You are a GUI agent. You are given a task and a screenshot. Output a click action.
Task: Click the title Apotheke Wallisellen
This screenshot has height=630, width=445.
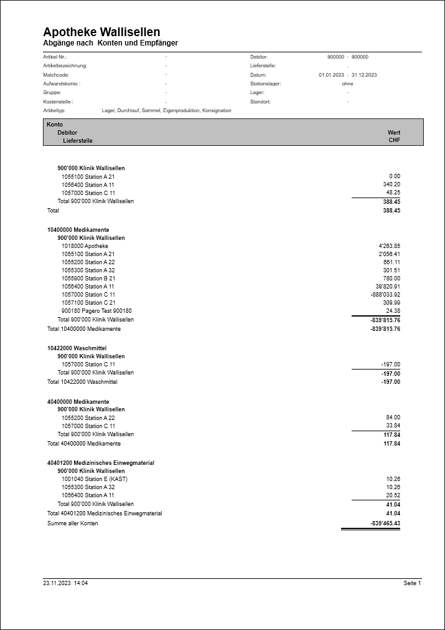(101, 32)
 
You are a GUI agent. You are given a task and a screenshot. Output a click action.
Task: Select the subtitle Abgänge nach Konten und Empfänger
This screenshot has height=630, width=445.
(111, 43)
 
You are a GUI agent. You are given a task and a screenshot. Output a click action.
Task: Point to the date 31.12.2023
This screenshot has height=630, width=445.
(364, 75)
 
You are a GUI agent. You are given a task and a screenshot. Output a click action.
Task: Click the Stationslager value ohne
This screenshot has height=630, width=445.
(347, 84)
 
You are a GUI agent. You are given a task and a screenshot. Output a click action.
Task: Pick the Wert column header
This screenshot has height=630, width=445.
(393, 133)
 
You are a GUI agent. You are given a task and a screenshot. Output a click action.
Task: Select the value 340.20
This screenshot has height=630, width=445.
(391, 185)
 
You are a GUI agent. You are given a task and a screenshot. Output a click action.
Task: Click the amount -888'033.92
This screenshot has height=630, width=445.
(384, 295)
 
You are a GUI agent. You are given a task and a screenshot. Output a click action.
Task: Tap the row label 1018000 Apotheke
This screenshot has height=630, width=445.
(85, 246)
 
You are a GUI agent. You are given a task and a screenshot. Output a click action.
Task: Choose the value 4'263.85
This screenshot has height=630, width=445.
(389, 246)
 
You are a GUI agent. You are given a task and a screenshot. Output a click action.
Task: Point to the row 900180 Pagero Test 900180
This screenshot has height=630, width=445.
(96, 311)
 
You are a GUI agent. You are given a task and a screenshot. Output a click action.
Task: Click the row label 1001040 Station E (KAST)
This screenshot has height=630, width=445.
(94, 479)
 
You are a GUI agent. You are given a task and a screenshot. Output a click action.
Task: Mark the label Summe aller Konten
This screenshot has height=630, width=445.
(72, 523)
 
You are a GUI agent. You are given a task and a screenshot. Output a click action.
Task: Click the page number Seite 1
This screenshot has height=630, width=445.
(412, 583)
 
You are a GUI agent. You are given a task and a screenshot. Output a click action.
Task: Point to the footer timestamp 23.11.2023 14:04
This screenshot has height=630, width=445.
(65, 583)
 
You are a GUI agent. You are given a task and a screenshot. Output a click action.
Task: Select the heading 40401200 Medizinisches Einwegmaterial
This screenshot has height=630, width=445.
(101, 464)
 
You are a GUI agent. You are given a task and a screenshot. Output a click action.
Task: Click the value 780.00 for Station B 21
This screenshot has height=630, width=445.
(392, 279)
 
